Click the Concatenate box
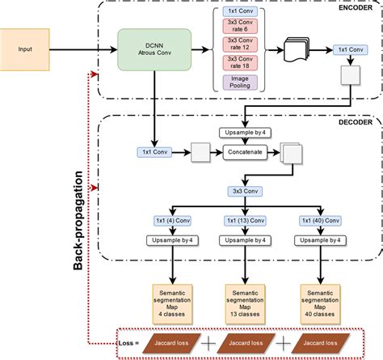[244, 150]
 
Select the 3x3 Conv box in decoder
[244, 192]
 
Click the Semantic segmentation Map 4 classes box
[173, 297]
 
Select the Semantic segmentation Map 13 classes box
[244, 297]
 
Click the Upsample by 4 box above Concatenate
[244, 131]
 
